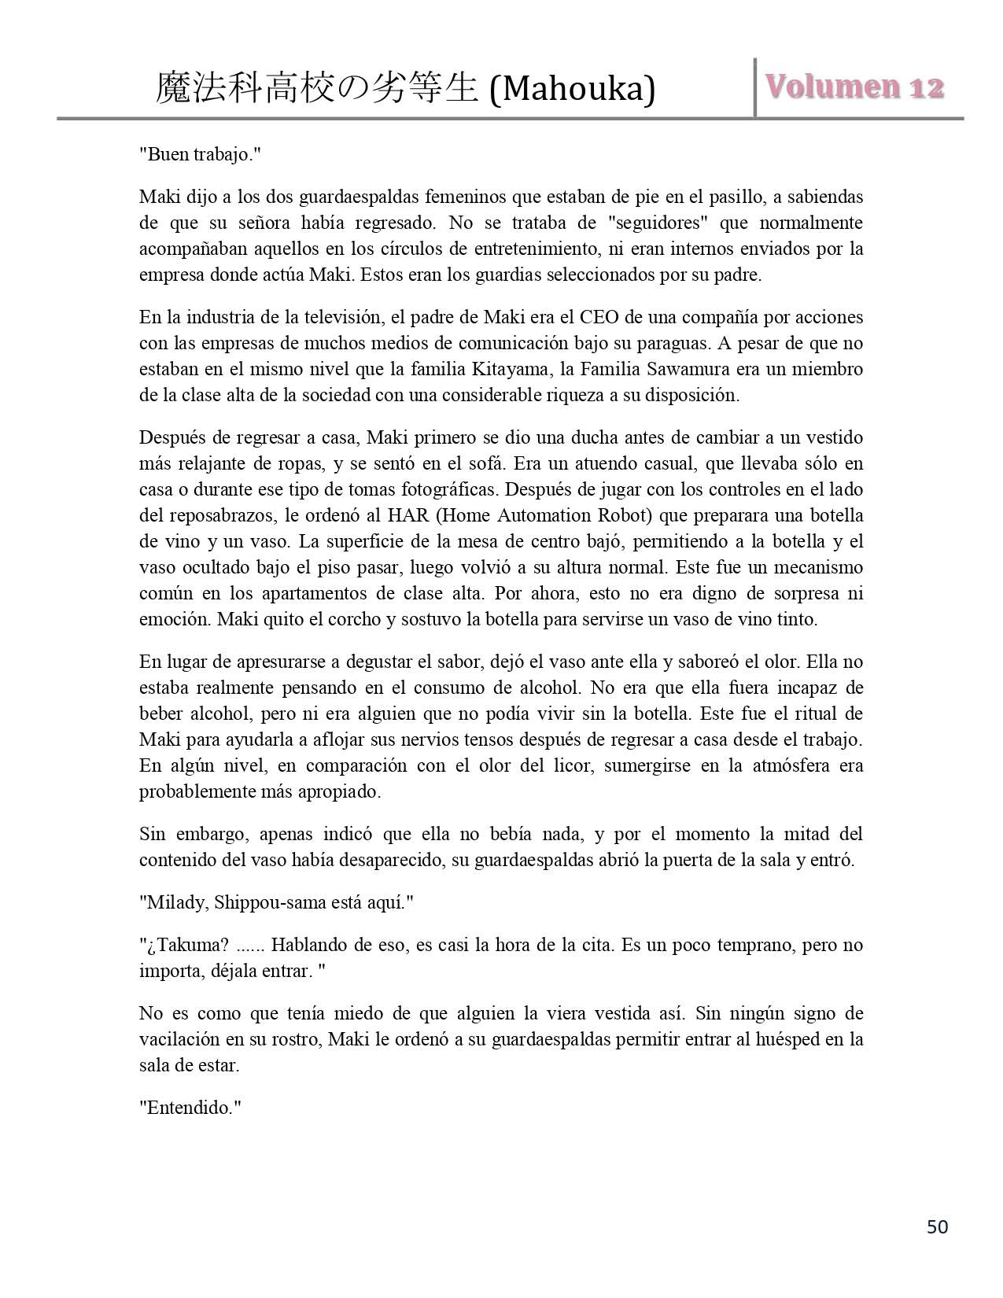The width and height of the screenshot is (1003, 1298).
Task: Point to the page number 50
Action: [x=937, y=1226]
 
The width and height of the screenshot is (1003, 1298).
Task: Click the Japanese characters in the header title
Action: [x=317, y=88]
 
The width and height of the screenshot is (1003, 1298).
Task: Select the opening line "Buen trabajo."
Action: [x=200, y=154]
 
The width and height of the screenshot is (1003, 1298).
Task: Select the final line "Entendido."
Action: [x=190, y=1108]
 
